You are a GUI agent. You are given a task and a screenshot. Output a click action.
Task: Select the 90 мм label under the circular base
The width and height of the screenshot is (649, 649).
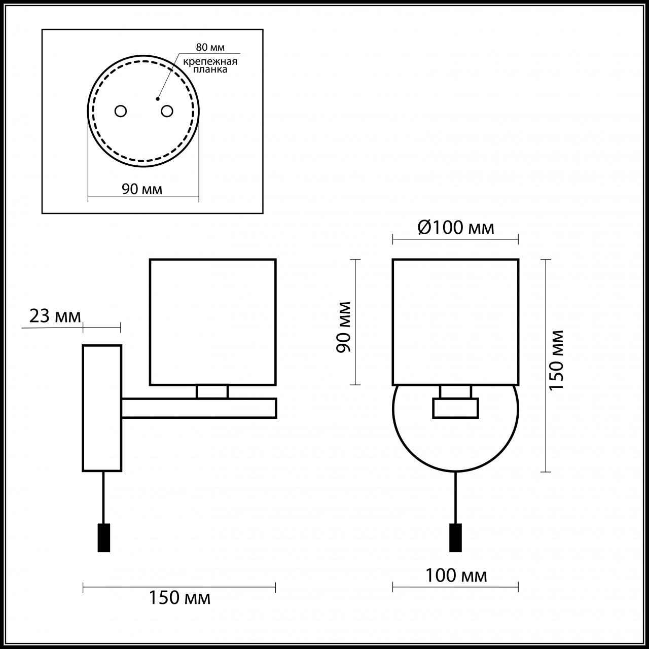coord(142,189)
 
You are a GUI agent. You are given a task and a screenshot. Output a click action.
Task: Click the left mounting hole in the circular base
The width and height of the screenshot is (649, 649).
coord(120,111)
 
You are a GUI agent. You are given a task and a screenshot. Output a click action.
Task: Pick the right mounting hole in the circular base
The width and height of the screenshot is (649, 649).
coord(167,111)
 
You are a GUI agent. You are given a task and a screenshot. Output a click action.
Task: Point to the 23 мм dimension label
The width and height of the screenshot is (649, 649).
coord(55,316)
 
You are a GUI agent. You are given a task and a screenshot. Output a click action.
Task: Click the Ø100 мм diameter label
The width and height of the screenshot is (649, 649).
coord(455,228)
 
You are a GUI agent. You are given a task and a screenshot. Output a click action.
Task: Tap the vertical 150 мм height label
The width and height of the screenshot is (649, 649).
coord(557,359)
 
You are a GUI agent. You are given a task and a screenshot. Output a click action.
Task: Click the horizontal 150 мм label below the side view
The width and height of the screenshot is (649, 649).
coord(179,598)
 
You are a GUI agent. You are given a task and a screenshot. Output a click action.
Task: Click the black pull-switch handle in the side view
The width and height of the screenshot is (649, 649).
coord(103,537)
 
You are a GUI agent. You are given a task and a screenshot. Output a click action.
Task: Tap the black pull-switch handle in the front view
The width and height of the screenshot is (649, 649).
coord(455,537)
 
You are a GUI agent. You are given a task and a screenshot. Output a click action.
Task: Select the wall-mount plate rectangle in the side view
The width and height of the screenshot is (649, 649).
coord(102,408)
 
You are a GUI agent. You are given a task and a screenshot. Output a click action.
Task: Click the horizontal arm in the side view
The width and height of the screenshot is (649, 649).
coord(199,408)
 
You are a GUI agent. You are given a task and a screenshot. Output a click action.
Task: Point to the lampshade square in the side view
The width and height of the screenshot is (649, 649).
coord(212,322)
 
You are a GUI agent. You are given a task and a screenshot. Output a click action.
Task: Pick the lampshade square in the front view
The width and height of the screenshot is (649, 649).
coord(455,322)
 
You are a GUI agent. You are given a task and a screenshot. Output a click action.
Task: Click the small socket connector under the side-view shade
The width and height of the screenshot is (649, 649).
coord(212,391)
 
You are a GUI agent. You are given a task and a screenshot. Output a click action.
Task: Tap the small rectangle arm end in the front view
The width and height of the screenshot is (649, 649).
coord(455,408)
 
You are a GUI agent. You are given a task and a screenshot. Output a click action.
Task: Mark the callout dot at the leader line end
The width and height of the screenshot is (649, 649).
coord(158,98)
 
